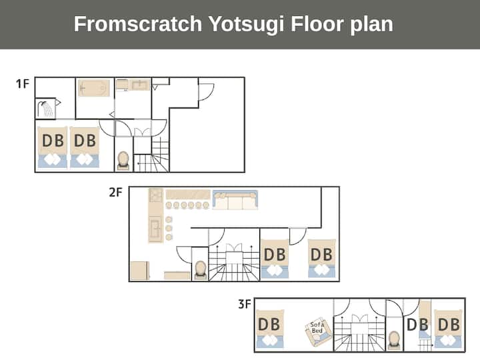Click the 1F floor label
click(x=23, y=83)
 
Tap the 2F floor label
click(x=116, y=192)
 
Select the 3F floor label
click(x=245, y=304)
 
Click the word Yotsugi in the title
click(x=246, y=25)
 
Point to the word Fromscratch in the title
click(x=138, y=24)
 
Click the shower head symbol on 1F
click(x=45, y=109)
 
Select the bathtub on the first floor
click(x=94, y=88)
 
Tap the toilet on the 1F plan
click(x=123, y=161)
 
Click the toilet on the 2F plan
click(x=201, y=270)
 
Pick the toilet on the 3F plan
click(x=393, y=341)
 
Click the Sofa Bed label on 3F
click(x=317, y=328)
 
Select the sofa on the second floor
click(x=235, y=200)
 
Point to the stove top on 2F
click(x=155, y=195)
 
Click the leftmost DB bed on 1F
click(x=53, y=147)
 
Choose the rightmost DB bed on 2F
click(x=321, y=259)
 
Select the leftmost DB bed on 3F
click(x=270, y=329)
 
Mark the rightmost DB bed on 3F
click(x=449, y=329)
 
